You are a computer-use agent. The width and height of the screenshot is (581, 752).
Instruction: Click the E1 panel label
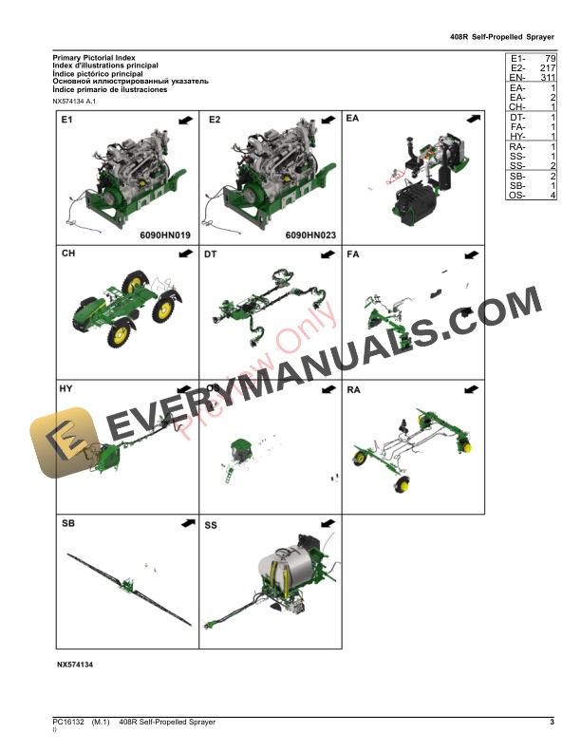tap(66, 121)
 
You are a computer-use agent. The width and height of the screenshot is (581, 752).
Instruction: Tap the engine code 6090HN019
tap(165, 234)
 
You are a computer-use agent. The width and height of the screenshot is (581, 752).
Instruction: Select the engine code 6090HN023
tap(310, 234)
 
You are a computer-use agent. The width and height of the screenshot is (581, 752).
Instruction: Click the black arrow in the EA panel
tap(472, 121)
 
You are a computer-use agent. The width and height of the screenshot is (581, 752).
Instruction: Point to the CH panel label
tap(68, 254)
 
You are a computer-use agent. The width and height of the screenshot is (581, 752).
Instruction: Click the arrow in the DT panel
tap(327, 254)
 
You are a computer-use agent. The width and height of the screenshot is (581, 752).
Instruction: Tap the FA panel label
tap(353, 254)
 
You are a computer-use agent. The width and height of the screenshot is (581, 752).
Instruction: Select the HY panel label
tap(66, 389)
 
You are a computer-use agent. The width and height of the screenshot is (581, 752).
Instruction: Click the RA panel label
tap(354, 389)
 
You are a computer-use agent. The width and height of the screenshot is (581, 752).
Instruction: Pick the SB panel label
tap(67, 523)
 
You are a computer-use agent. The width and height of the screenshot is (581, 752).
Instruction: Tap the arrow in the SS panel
tap(327, 523)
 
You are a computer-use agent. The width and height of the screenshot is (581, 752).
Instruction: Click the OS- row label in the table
tap(516, 196)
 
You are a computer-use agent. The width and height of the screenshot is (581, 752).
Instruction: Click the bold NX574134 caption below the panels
tap(75, 666)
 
